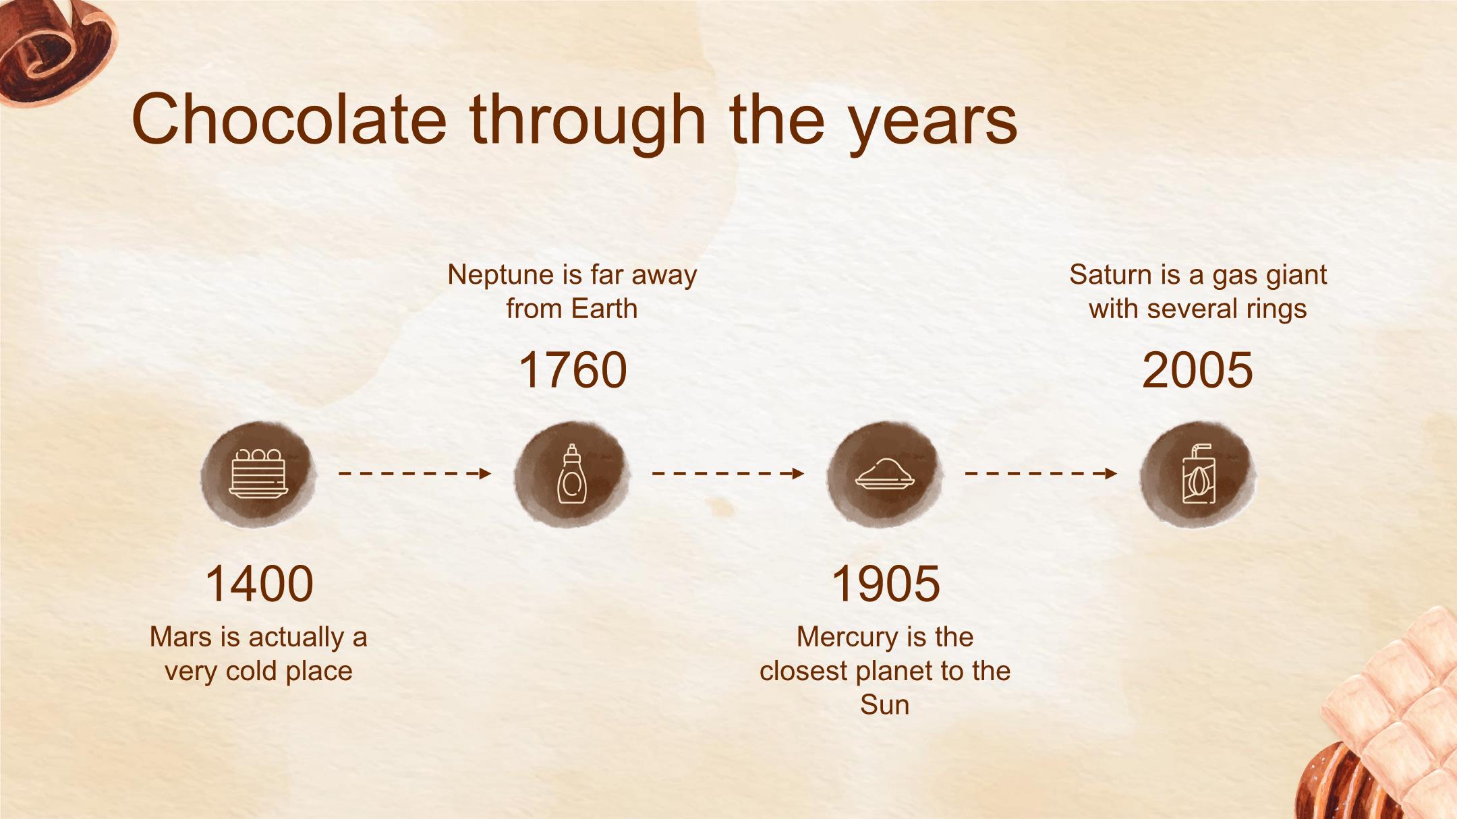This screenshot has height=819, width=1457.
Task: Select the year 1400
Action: [x=259, y=584]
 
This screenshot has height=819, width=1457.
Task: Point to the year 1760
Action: [x=573, y=370]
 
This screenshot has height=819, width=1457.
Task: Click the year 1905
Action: [x=886, y=584]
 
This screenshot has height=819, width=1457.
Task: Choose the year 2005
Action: [x=1198, y=370]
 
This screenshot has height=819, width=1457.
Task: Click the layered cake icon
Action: [x=258, y=474]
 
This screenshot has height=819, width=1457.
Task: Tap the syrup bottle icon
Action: [x=572, y=474]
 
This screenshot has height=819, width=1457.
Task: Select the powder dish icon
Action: [x=885, y=473]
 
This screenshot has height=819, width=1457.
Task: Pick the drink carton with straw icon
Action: [x=1199, y=474]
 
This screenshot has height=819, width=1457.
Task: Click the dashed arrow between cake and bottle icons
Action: [x=415, y=473]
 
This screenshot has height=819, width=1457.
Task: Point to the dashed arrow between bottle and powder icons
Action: [x=728, y=473]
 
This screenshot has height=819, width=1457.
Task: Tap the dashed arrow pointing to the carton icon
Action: [x=1041, y=473]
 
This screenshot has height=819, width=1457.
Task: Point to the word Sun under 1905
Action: [x=885, y=705]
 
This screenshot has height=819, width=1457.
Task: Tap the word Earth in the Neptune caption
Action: [x=604, y=309]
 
